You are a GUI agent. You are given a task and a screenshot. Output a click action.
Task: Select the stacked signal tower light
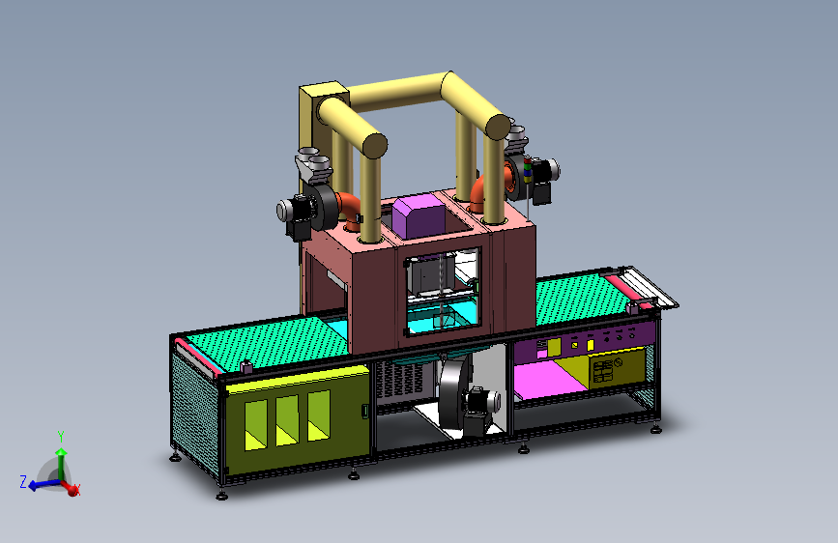528,170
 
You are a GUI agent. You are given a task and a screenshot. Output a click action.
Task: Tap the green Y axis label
61,437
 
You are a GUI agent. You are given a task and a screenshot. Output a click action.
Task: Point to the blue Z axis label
23,481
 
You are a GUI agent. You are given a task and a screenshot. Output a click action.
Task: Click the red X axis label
77,489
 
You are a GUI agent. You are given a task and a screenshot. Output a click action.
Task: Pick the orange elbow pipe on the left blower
349,210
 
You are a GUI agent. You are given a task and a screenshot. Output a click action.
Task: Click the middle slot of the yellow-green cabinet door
287,420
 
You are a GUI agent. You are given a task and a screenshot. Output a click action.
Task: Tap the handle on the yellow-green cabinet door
365,411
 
